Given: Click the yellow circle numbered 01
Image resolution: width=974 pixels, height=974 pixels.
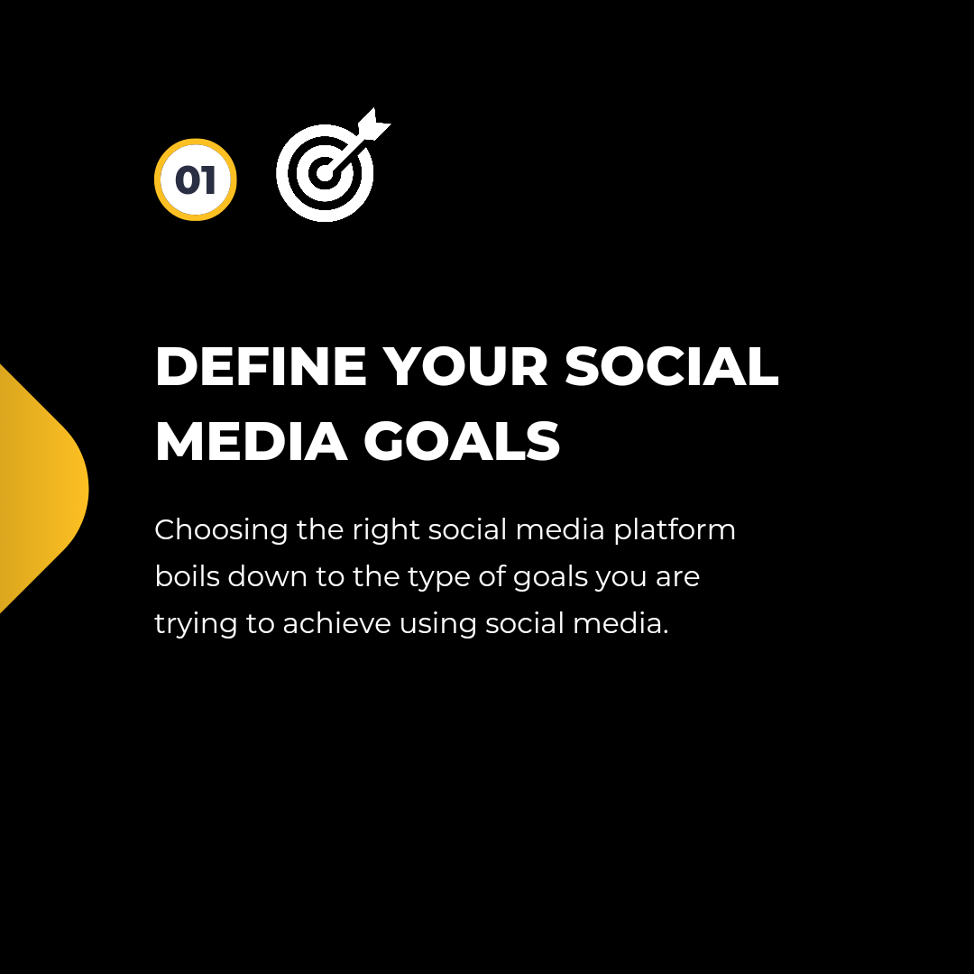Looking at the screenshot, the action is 195,179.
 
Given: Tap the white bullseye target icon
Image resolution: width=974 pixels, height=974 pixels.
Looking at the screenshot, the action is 325,172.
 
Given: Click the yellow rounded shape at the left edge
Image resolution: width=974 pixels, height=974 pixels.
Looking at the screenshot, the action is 43,489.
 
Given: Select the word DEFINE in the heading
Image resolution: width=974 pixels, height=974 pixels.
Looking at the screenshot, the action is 261,366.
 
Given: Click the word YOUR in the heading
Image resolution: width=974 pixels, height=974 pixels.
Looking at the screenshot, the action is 464,366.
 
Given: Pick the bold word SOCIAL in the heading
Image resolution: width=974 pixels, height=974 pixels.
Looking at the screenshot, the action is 671,366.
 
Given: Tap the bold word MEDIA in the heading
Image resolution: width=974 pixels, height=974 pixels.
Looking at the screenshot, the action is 251,442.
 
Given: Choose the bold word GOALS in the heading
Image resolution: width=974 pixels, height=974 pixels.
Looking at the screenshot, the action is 462,442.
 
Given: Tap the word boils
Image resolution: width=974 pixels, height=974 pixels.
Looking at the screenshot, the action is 187,576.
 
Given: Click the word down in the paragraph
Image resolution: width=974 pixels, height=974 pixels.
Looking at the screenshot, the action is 267,576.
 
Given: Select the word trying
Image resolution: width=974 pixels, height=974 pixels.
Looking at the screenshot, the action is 196,625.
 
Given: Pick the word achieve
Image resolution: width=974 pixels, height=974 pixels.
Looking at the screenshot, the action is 336,623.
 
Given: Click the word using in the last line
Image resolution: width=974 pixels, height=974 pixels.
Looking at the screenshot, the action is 437,625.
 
